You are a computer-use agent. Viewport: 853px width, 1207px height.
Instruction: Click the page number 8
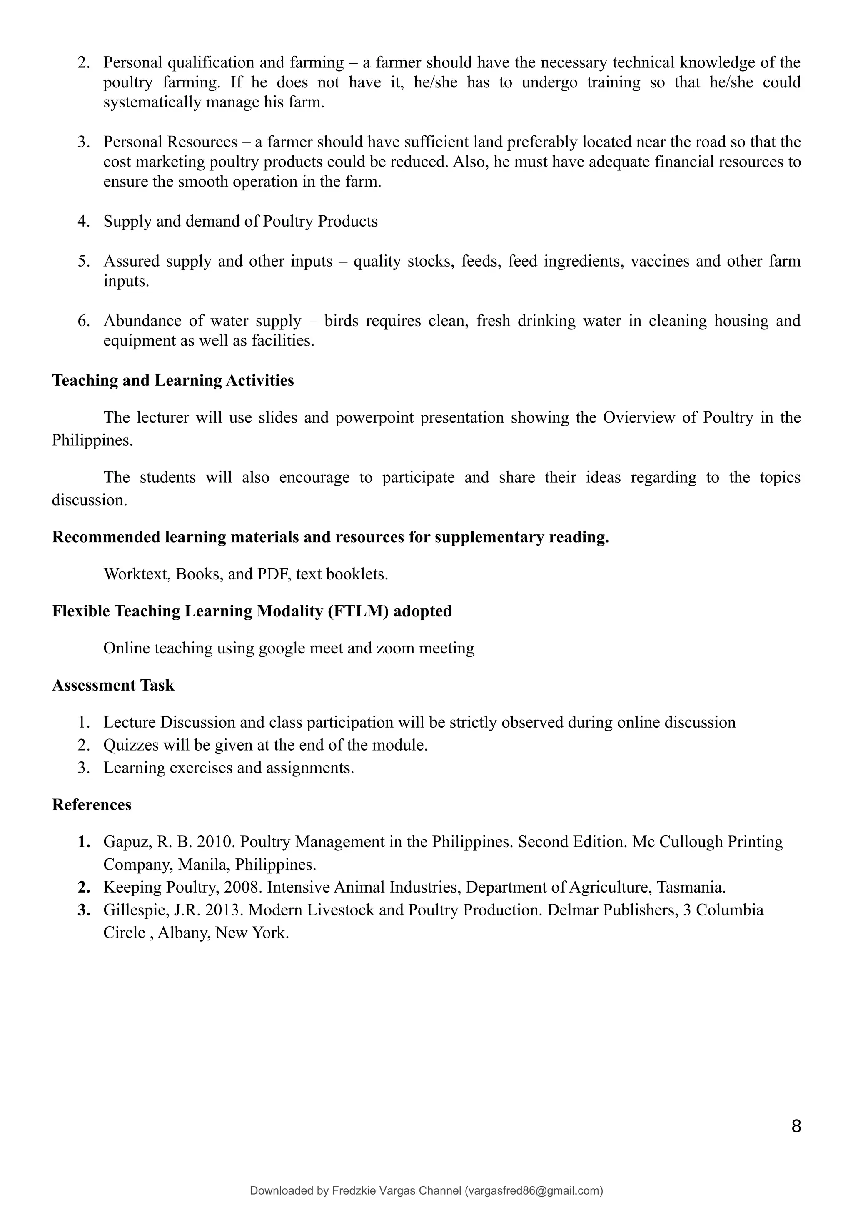click(x=796, y=1126)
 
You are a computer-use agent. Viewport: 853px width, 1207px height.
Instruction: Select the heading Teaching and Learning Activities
click(x=173, y=380)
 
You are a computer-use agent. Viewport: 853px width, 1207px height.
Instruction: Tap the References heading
click(x=92, y=804)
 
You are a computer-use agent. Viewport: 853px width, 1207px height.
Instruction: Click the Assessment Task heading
click(x=113, y=685)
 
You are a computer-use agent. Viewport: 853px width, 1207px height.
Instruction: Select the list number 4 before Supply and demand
click(x=83, y=221)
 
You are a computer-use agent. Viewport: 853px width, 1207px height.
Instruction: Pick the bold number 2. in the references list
click(x=84, y=888)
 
